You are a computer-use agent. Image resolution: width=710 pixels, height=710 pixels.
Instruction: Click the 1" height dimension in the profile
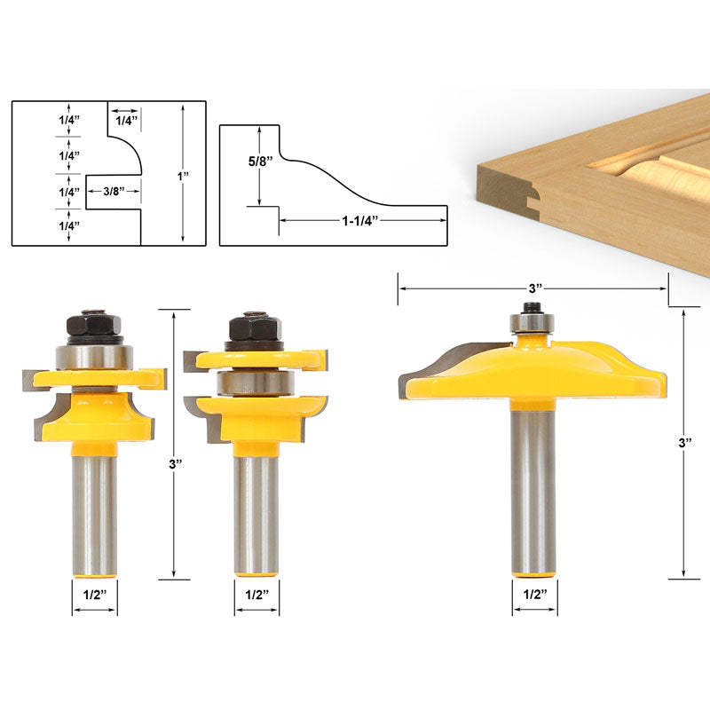pyautogui.click(x=184, y=177)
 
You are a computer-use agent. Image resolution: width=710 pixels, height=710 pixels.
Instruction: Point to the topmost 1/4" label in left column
pyautogui.click(x=69, y=117)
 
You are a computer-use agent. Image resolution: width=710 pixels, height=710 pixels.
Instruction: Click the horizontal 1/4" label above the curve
pyautogui.click(x=123, y=117)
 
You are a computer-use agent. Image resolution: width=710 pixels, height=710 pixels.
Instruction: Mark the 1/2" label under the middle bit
pyautogui.click(x=256, y=595)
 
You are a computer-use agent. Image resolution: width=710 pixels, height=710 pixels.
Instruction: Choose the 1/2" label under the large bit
pyautogui.click(x=535, y=594)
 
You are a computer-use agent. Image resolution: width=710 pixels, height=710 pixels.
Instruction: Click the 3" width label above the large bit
pyautogui.click(x=532, y=288)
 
